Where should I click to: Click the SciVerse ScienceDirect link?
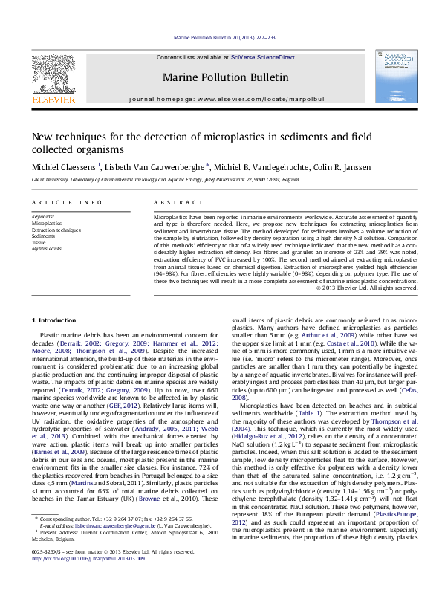tap(262, 57)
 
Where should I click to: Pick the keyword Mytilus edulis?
tap(45, 248)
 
